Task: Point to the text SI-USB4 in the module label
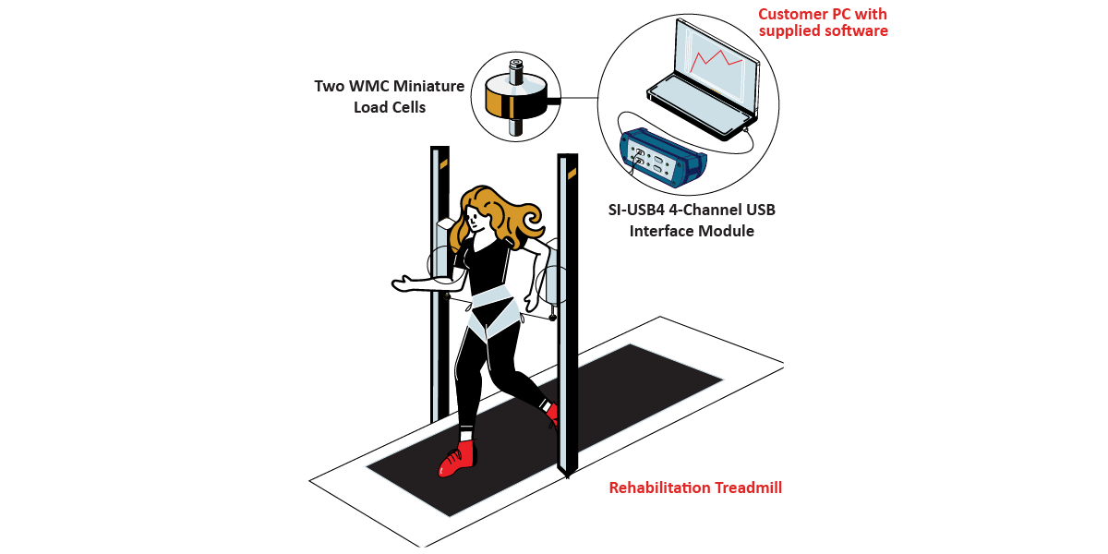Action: pyautogui.click(x=636, y=210)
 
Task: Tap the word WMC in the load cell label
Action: pyautogui.click(x=366, y=86)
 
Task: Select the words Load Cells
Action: pyautogui.click(x=390, y=107)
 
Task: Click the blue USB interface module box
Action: pyautogui.click(x=663, y=157)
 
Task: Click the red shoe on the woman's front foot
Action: pyautogui.click(x=458, y=459)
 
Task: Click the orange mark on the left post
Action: pyautogui.click(x=444, y=164)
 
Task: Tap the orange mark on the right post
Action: pyautogui.click(x=572, y=174)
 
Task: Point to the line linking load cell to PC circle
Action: pyautogui.click(x=579, y=98)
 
